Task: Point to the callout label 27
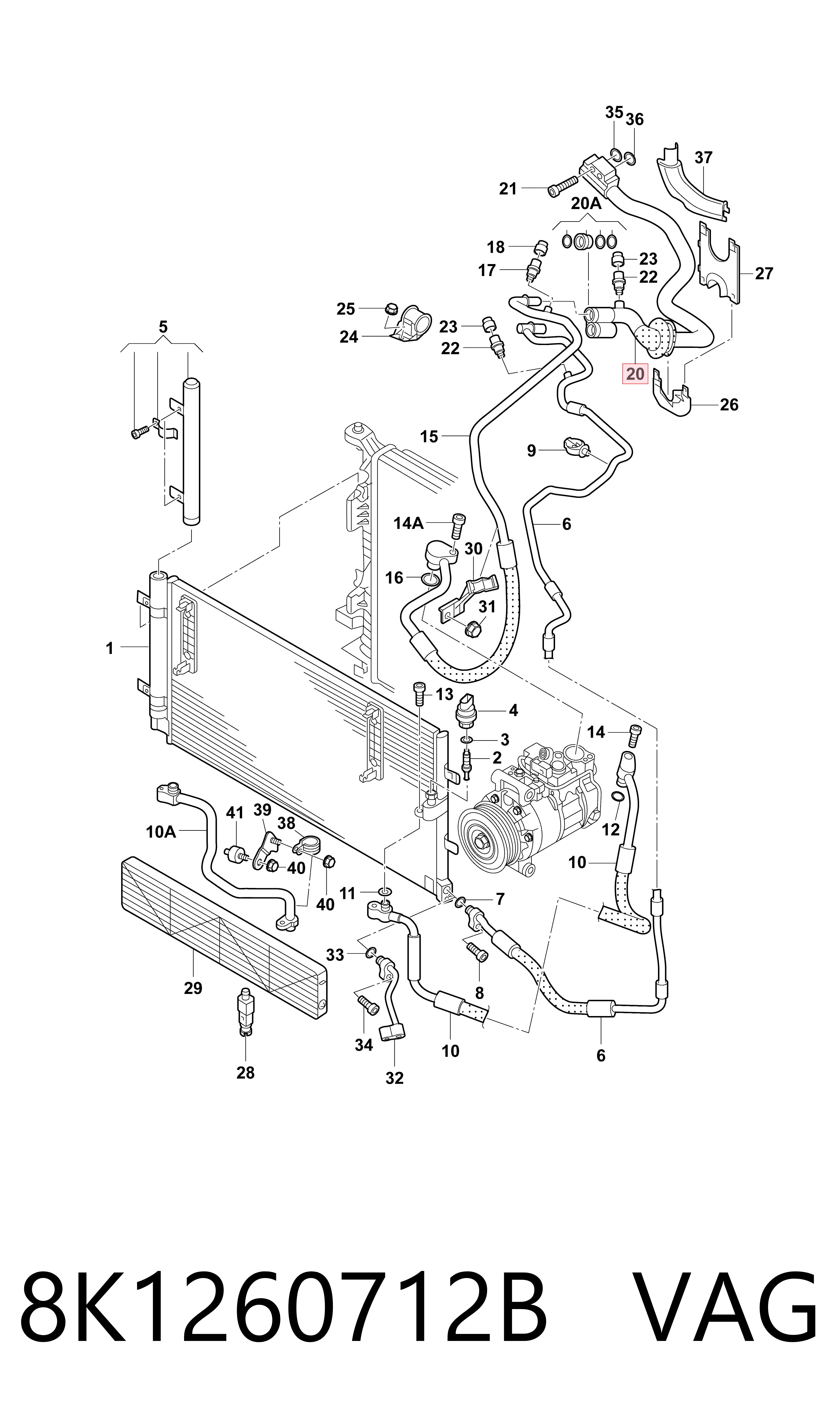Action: pos(764,274)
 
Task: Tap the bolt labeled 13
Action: pos(419,694)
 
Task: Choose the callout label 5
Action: pos(163,327)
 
